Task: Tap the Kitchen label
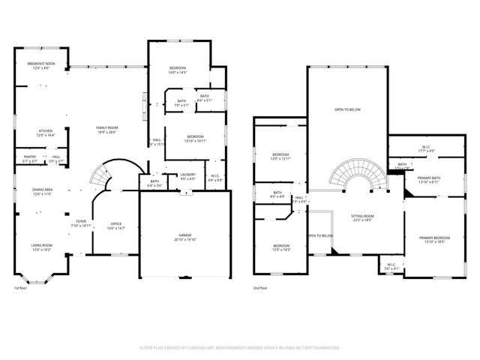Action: point(45,133)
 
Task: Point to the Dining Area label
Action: point(41,191)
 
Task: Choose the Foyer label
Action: point(80,223)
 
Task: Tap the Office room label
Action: point(116,225)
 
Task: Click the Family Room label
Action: point(106,130)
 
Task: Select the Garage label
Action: point(185,238)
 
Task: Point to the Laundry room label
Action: point(187,176)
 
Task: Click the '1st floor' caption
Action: point(21,287)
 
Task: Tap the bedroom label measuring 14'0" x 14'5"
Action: point(177,70)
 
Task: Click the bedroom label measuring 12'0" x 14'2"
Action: point(281,247)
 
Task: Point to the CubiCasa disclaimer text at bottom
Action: point(240,347)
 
